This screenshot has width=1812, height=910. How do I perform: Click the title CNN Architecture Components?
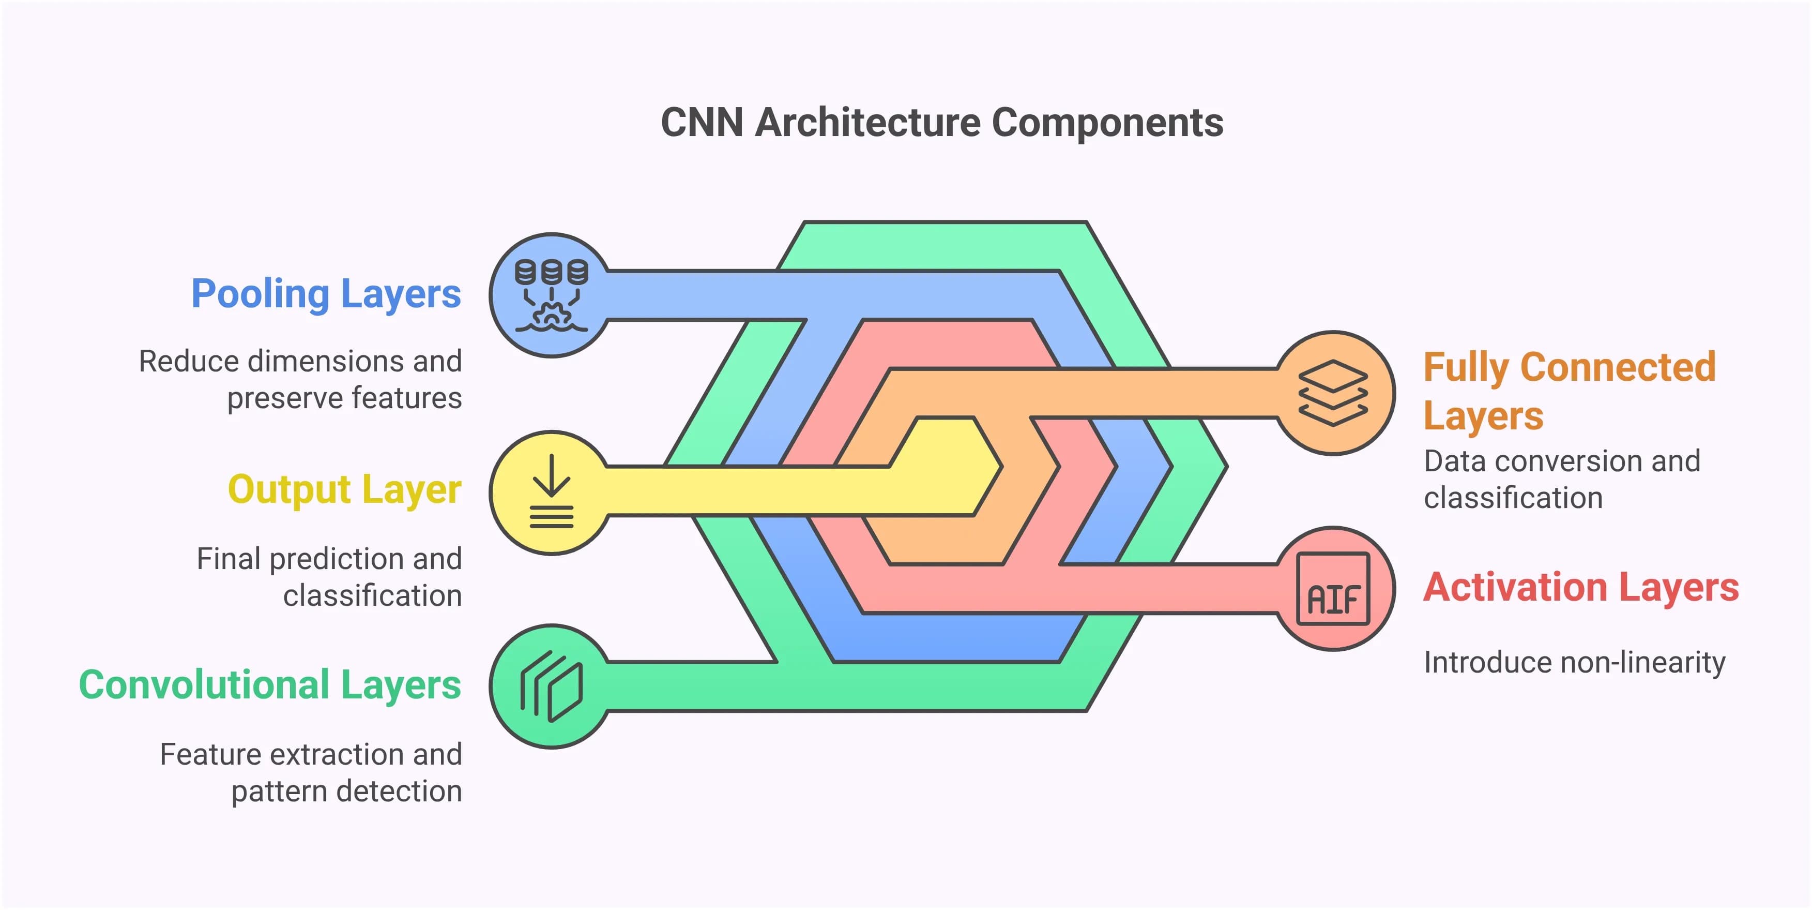tap(941, 123)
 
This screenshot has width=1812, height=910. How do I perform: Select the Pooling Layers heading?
tap(326, 294)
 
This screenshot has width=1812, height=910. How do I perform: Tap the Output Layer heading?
tap(344, 490)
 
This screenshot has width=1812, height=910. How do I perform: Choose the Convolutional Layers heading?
tap(269, 685)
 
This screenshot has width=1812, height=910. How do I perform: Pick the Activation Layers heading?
tap(1580, 587)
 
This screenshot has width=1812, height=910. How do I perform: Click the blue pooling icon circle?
tap(552, 295)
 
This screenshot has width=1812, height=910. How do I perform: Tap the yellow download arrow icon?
tap(552, 492)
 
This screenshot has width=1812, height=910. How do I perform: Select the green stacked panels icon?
tap(552, 686)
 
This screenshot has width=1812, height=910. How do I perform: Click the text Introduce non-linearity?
tap(1574, 662)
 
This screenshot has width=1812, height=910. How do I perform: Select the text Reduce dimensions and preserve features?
tap(301, 379)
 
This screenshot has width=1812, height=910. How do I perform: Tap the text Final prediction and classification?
tap(329, 577)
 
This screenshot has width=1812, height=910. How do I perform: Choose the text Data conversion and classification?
tap(1562, 479)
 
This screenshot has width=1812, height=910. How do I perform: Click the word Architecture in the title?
tap(867, 123)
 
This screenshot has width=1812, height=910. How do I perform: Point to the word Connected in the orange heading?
tap(1618, 367)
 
